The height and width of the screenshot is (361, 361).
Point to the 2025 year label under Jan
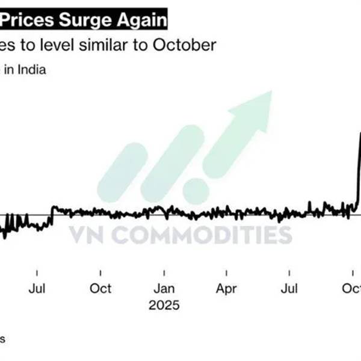(164, 305)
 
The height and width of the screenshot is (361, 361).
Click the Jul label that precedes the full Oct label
(37, 289)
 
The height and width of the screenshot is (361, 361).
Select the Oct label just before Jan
(100, 289)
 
